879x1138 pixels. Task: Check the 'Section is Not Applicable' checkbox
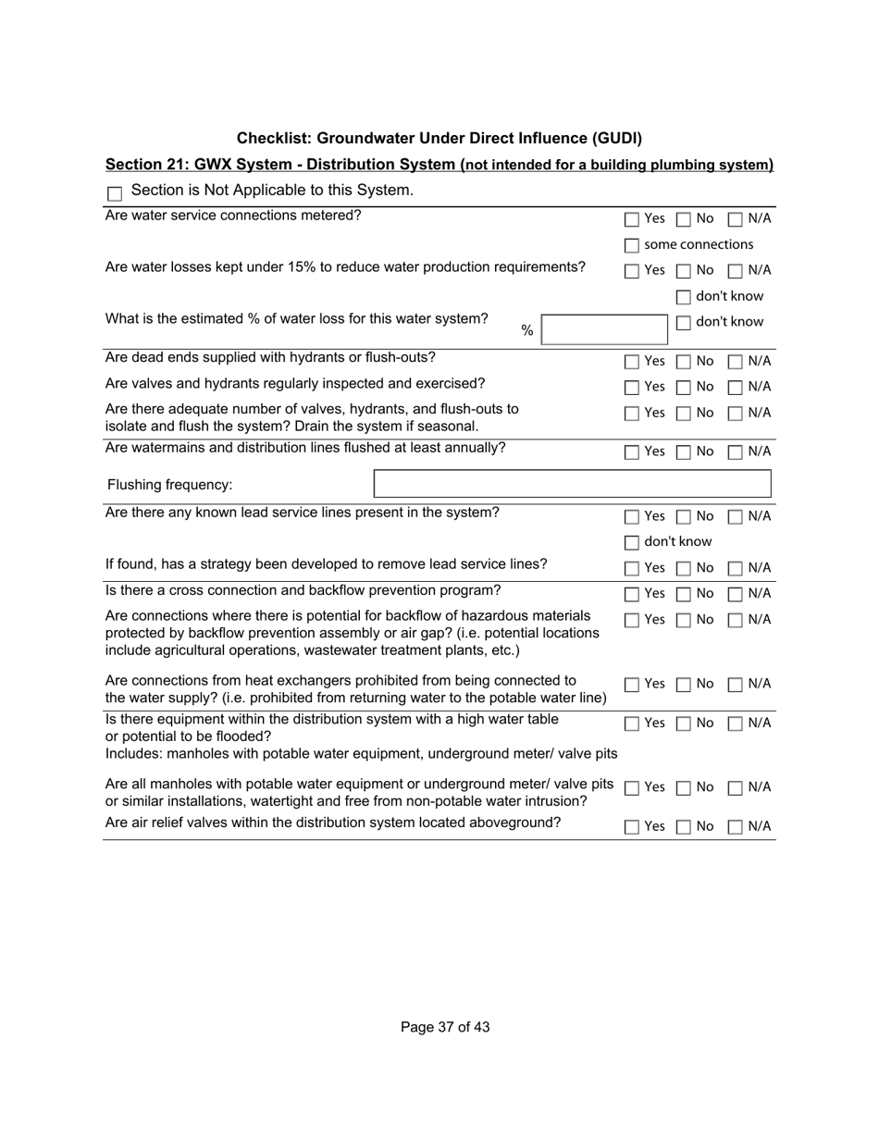coord(116,193)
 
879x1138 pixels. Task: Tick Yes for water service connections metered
coord(632,220)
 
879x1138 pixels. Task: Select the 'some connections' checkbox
coord(632,246)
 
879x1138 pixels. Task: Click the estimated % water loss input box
coord(604,330)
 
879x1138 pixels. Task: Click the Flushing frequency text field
coord(572,485)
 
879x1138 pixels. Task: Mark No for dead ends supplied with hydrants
coord(684,362)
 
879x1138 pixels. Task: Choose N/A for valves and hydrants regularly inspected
coord(736,388)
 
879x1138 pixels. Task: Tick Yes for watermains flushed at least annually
coord(632,452)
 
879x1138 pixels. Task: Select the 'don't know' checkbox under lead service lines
coord(632,542)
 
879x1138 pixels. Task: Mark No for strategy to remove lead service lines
coord(684,568)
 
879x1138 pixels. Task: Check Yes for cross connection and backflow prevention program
coord(632,594)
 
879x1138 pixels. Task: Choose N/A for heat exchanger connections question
coord(736,686)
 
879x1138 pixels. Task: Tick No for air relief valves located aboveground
coord(684,827)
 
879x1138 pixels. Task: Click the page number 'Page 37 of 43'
coord(445,1027)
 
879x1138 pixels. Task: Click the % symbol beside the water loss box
coord(526,331)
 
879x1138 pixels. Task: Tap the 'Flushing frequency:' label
coord(170,486)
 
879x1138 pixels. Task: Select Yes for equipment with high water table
coord(632,724)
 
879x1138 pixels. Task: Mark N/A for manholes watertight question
coord(736,788)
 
